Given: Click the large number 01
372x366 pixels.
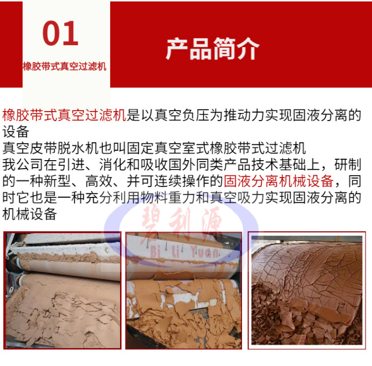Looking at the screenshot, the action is (x=61, y=33).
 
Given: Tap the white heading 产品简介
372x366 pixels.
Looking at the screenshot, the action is (x=213, y=49).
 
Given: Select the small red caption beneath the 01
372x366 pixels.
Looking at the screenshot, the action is (x=64, y=66).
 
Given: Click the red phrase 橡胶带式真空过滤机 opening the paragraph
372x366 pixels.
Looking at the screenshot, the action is (x=64, y=115).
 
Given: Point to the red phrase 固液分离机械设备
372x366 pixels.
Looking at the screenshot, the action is (x=279, y=181).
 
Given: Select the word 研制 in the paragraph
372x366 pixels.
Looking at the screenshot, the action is (x=348, y=165).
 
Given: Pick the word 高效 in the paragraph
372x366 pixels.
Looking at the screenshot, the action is (x=99, y=181).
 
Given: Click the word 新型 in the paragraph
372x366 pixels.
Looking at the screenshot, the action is (x=58, y=181).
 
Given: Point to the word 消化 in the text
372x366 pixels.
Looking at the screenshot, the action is (x=113, y=165).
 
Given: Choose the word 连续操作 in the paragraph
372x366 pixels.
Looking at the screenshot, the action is (x=182, y=181).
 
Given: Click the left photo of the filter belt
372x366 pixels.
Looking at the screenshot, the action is (x=62, y=290).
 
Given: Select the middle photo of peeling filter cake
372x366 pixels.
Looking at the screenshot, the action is (x=184, y=290).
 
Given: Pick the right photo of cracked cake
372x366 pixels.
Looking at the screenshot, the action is (x=307, y=290).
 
